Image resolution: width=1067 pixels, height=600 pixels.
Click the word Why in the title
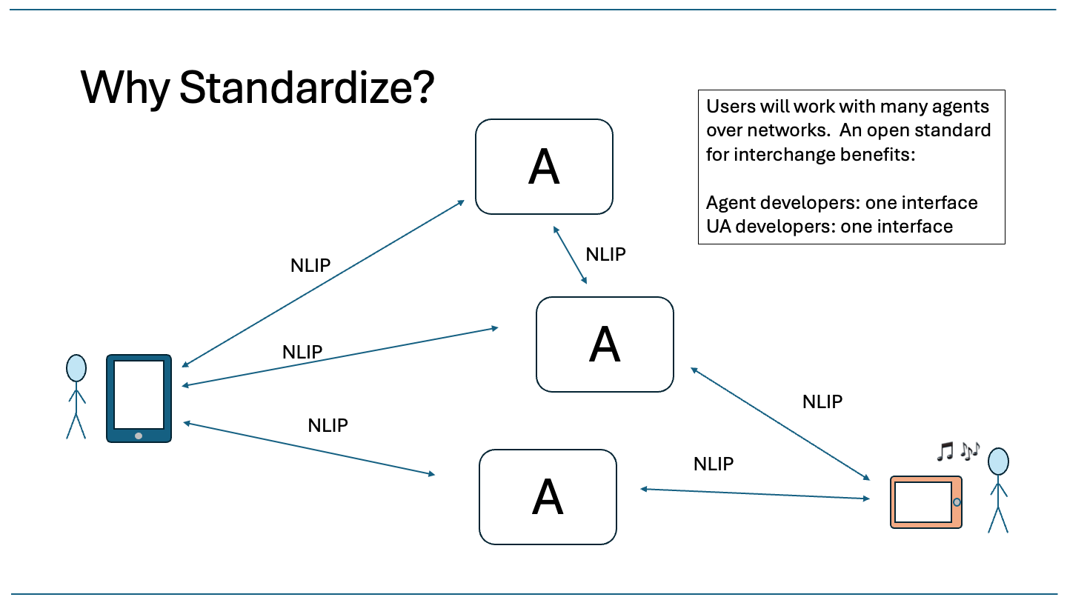pyautogui.click(x=124, y=87)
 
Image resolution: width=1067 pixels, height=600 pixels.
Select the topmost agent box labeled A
pyautogui.click(x=544, y=167)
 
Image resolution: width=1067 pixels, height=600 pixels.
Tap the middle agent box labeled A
pyautogui.click(x=605, y=344)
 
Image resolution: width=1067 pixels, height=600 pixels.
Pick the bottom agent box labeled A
pyautogui.click(x=548, y=497)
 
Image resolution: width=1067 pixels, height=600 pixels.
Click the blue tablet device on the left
pyautogui.click(x=139, y=399)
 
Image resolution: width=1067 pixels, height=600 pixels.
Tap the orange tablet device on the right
pyautogui.click(x=926, y=502)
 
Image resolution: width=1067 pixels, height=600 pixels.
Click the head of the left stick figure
pyautogui.click(x=76, y=368)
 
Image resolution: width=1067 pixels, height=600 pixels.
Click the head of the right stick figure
pyautogui.click(x=999, y=461)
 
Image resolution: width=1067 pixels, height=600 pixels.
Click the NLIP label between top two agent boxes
pyautogui.click(x=605, y=255)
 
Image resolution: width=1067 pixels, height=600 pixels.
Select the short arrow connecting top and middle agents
pyautogui.click(x=571, y=256)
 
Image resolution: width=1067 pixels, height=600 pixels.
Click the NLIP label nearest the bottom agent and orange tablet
pyautogui.click(x=713, y=464)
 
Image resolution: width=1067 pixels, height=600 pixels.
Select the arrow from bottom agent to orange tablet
pyautogui.click(x=754, y=493)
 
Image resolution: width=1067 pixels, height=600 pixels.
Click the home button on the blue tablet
pyautogui.click(x=139, y=436)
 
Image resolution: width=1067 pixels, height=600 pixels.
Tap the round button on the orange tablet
pyautogui.click(x=957, y=502)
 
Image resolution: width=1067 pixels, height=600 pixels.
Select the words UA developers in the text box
pyautogui.click(x=748, y=226)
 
